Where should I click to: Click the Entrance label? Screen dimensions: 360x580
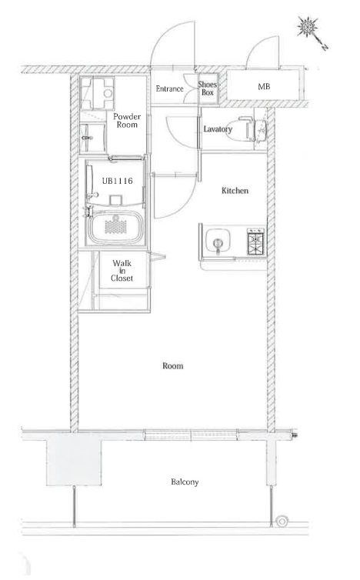[x=169, y=88]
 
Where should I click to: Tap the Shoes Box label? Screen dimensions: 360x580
[x=207, y=88]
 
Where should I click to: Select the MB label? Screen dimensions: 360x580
[x=264, y=87]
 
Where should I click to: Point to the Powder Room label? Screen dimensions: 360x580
[x=127, y=121]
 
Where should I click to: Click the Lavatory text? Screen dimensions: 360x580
[x=218, y=129]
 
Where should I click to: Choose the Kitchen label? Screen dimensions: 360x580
[x=235, y=191]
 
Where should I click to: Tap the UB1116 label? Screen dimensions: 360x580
[x=117, y=181]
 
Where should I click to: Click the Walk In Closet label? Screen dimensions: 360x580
[x=122, y=271]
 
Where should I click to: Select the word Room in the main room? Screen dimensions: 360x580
[x=173, y=366]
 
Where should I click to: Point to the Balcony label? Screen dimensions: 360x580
[x=185, y=482]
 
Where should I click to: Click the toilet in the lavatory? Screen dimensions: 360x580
[x=246, y=129]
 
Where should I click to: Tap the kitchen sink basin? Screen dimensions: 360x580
[x=218, y=242]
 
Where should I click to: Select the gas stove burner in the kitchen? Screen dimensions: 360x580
[x=256, y=242]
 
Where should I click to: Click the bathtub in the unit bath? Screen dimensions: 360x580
[x=115, y=226]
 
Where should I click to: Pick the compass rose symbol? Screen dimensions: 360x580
[x=308, y=27]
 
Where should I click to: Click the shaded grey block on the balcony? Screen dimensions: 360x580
[x=74, y=458]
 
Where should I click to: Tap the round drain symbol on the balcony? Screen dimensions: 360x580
[x=282, y=522]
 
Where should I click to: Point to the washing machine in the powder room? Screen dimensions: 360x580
[x=97, y=94]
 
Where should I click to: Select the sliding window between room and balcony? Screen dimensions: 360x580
[x=191, y=435]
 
